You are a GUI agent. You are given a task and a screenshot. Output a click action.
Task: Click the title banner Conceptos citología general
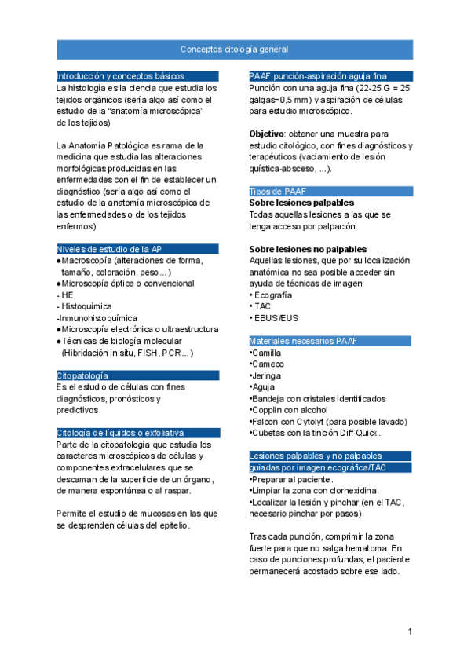click(x=234, y=49)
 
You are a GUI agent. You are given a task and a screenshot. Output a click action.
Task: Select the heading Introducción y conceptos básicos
click(x=120, y=76)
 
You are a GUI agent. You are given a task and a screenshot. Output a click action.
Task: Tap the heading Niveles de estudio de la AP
click(x=109, y=249)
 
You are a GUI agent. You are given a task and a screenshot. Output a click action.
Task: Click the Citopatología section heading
click(x=82, y=376)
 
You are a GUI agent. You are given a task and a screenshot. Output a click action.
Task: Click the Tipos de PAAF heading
click(x=278, y=192)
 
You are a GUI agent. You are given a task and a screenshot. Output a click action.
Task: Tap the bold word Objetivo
click(x=265, y=134)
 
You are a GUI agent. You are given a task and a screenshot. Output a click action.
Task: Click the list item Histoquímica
click(x=86, y=306)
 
